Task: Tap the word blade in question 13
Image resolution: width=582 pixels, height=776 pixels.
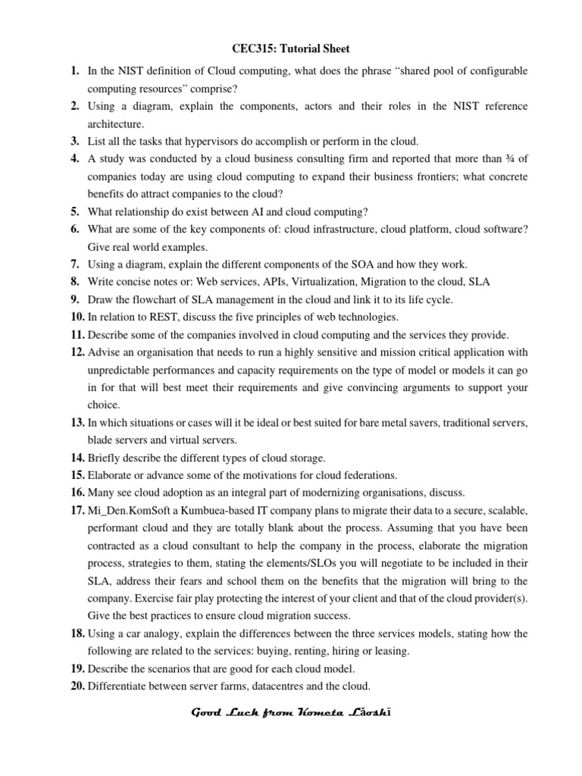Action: [102, 440]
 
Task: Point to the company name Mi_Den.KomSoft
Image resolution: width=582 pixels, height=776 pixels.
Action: [128, 511]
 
